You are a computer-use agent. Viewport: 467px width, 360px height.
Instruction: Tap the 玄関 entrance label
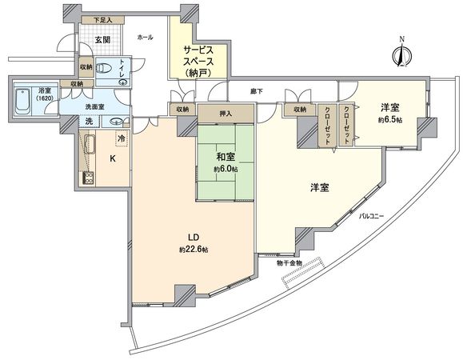click(x=103, y=41)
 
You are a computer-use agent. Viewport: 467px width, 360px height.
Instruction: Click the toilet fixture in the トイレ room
click(x=102, y=70)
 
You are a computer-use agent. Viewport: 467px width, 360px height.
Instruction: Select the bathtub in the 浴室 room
click(x=23, y=101)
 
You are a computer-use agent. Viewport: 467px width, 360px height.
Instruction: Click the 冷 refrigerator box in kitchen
click(x=121, y=138)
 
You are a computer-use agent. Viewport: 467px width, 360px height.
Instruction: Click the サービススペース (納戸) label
click(x=198, y=61)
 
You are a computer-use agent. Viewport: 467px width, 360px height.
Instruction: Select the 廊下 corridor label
click(x=256, y=91)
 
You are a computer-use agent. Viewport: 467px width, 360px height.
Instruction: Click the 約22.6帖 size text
click(x=193, y=250)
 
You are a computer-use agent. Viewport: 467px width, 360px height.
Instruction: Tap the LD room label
click(x=193, y=238)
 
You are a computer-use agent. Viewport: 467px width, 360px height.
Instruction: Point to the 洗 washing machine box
click(x=90, y=122)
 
